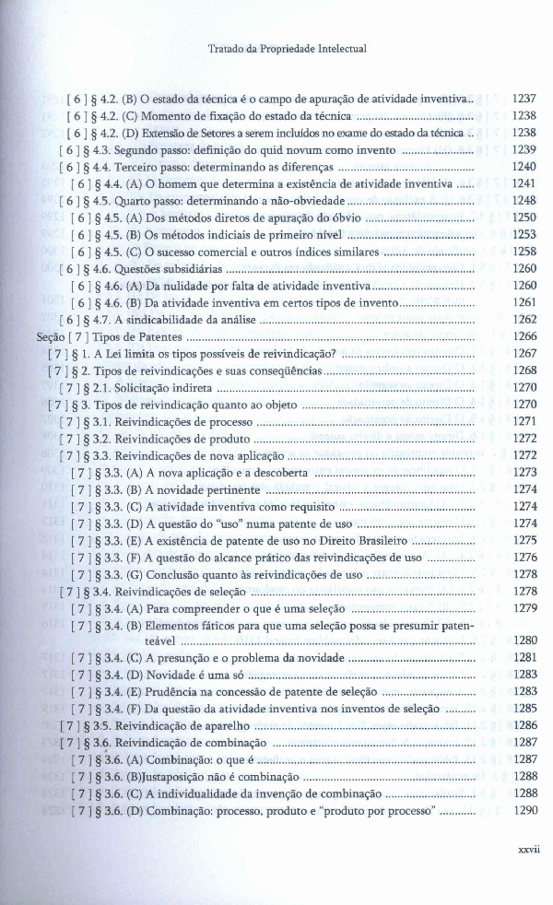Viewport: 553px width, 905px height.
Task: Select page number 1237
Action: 524,98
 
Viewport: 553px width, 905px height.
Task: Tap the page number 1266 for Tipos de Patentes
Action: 524,337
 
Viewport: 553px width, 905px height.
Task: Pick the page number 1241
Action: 524,183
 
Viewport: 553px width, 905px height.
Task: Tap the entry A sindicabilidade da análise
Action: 182,320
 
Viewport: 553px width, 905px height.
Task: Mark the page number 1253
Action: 524,234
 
